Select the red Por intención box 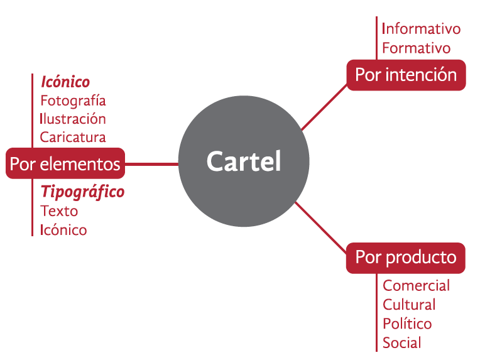tap(406, 75)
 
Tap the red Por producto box tap(405, 257)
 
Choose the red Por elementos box tap(65, 164)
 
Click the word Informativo tap(421, 29)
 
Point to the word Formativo tap(416, 48)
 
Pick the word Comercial tap(416, 286)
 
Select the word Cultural tap(409, 305)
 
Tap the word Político tap(407, 324)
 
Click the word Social tap(401, 343)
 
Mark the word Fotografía tap(73, 101)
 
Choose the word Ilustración tap(73, 119)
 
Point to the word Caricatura tap(73, 137)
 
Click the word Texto tap(59, 211)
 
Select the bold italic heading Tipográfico tap(82, 192)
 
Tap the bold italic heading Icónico tap(65, 82)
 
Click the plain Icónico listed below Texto tap(63, 230)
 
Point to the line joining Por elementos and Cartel tap(151, 165)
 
